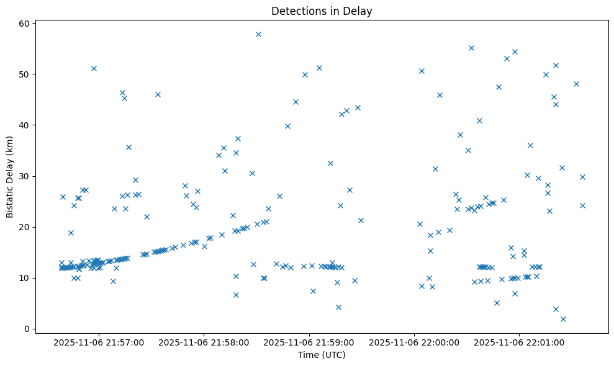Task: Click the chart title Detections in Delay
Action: (322, 11)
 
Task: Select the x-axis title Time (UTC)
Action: (322, 355)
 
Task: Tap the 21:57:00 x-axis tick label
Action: (99, 342)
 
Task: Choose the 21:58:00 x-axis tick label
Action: (204, 342)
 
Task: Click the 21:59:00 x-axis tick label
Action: (309, 342)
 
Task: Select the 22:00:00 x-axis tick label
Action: (414, 342)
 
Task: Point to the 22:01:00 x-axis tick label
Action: (519, 342)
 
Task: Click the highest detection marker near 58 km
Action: (258, 34)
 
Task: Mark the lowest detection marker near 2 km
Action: (563, 319)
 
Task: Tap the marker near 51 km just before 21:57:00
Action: (94, 68)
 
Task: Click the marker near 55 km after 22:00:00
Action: (471, 48)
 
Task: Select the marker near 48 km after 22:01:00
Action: (576, 84)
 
